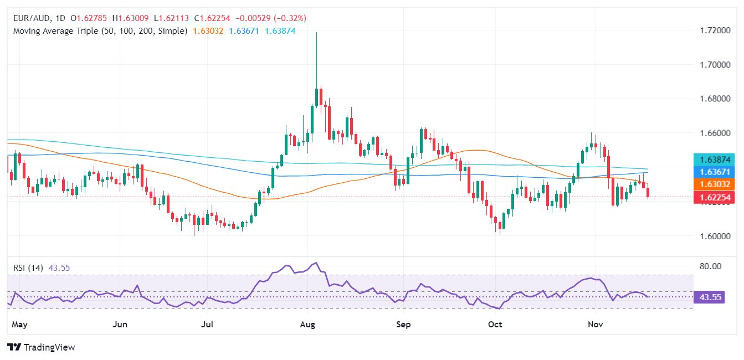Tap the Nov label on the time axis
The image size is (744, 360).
click(594, 324)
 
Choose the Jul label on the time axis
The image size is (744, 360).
click(208, 324)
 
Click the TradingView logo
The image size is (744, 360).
click(41, 347)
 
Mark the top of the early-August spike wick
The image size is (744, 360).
click(316, 32)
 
